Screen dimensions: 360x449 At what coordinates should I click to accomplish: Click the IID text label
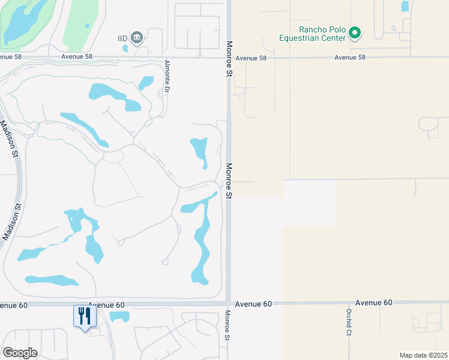[x=122, y=38]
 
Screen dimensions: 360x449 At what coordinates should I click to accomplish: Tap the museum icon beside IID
[x=137, y=38]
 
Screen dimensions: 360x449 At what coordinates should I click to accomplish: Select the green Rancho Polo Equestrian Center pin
[x=355, y=32]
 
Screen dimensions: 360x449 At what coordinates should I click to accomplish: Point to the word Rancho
[x=312, y=29]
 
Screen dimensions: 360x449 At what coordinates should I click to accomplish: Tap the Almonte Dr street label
[x=167, y=76]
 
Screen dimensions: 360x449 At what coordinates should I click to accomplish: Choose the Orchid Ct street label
[x=348, y=323]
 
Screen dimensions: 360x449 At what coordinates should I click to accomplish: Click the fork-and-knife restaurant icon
[x=84, y=316]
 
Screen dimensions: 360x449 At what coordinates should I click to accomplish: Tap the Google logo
[x=20, y=352]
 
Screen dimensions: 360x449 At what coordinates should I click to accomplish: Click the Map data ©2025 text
[x=423, y=355]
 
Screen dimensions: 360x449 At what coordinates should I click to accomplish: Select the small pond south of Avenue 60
[x=119, y=316]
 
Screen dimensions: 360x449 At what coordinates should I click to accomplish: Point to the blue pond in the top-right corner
[x=405, y=7]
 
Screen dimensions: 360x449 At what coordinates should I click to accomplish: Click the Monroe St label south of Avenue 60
[x=228, y=325]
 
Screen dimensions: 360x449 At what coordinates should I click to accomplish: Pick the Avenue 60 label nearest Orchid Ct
[x=373, y=302]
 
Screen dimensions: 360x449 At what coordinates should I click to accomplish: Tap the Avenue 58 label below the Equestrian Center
[x=349, y=58]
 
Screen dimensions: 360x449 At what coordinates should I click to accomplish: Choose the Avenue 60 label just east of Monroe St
[x=253, y=304]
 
